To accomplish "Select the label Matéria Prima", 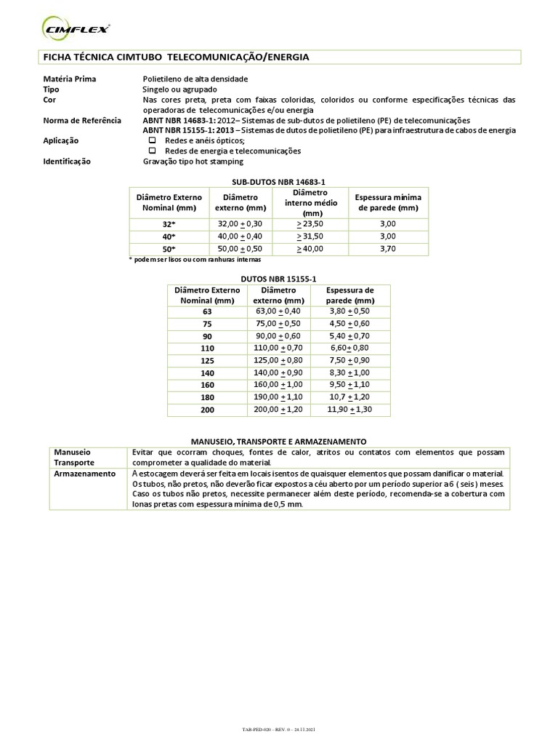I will tap(70, 79).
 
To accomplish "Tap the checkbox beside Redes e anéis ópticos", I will tap(153, 140).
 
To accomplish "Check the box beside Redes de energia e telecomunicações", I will tap(153, 151).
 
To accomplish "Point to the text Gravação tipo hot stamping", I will tap(193, 162).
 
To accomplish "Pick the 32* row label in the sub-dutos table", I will tap(168, 225).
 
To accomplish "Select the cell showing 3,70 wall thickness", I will tap(387, 249).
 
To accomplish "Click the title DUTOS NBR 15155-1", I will tap(278, 278).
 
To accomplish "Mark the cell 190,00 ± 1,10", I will tap(278, 397).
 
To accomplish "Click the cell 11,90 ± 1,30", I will tap(349, 410).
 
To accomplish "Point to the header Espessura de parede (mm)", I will tap(349, 295).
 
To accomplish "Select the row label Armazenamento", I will tap(85, 473).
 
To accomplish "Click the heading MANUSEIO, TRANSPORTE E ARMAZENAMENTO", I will tap(278, 442).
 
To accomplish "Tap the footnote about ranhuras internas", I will tap(194, 260).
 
